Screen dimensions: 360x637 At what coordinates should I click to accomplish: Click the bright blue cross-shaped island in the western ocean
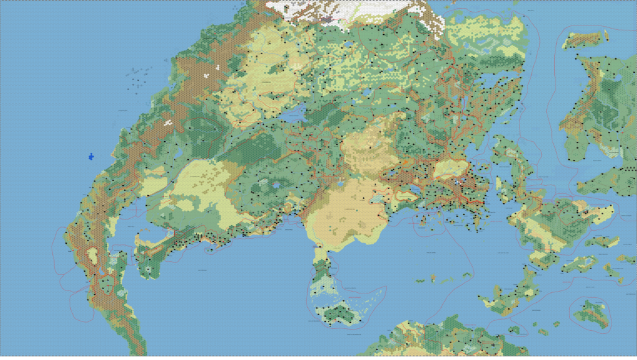point(91,155)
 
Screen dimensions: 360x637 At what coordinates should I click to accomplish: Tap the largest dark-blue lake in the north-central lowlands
point(292,114)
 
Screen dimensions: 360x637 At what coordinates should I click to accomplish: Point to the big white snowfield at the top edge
point(348,11)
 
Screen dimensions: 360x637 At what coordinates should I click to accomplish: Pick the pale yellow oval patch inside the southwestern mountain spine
point(93,256)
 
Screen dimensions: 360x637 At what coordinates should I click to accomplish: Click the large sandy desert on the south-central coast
point(345,211)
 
